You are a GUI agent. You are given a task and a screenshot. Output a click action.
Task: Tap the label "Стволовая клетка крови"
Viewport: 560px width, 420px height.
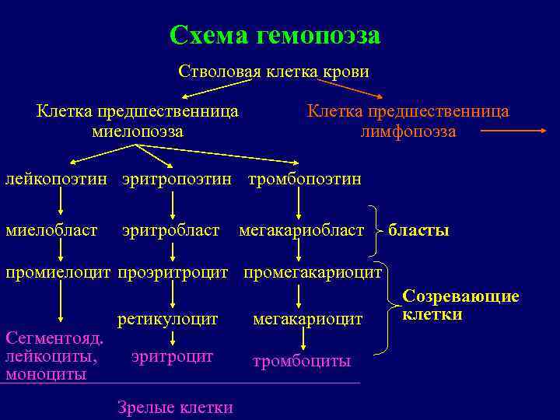click(274, 72)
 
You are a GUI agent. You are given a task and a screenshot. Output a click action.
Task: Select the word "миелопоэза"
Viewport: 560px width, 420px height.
click(138, 131)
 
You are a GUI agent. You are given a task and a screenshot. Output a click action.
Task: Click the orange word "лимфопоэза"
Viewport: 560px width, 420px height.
click(408, 131)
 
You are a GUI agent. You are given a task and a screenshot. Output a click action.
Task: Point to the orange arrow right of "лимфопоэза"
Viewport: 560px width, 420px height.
click(514, 132)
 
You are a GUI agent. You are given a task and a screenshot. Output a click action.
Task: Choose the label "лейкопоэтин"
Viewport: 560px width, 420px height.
click(59, 180)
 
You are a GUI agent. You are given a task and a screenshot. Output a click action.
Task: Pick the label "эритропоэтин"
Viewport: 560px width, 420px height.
click(177, 180)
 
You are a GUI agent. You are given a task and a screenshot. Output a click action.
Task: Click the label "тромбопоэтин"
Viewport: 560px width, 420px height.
click(304, 180)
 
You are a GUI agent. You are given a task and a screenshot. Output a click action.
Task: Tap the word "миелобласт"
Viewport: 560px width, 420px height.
click(51, 230)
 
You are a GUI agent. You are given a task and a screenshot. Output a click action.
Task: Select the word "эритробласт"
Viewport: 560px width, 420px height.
click(170, 230)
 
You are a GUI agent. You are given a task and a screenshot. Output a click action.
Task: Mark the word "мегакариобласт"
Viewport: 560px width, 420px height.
click(301, 230)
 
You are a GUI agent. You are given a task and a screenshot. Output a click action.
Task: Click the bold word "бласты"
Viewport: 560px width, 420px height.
click(418, 230)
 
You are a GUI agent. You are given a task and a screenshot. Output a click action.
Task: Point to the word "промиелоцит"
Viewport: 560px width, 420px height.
click(58, 273)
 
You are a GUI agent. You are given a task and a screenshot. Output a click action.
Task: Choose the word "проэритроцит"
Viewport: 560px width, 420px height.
click(173, 273)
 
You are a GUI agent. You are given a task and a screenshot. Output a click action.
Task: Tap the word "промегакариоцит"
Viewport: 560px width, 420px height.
click(313, 273)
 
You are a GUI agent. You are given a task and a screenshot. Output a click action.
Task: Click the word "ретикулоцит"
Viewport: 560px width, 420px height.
click(168, 318)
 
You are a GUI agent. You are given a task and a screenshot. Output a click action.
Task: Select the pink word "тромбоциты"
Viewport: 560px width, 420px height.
click(302, 362)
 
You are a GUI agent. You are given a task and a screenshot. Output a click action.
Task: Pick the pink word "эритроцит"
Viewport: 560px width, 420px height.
click(172, 356)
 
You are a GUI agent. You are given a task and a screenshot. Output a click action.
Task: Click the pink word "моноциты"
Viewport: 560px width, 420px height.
click(46, 373)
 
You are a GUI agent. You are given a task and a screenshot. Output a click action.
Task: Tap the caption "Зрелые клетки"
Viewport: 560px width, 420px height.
click(175, 406)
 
